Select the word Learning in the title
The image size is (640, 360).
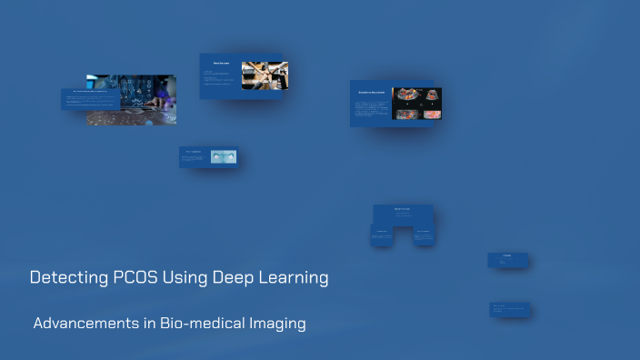pos(293,277)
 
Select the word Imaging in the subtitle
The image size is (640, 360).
pos(276,323)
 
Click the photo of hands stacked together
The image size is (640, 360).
pos(265,75)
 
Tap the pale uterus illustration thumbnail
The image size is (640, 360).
pos(223,156)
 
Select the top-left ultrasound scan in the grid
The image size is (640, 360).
pos(404,95)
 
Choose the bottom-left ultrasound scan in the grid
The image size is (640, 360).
pos(404,113)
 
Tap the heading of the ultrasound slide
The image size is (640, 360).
pos(369,93)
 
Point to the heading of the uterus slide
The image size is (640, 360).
pos(192,151)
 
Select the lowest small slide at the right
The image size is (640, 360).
pos(509,309)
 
